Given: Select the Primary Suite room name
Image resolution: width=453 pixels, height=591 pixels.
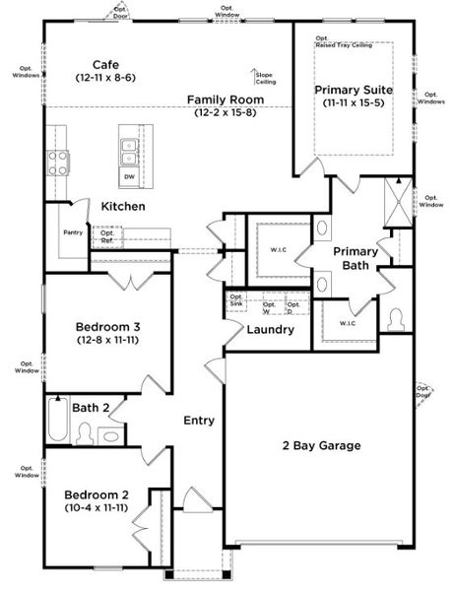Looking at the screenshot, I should (355, 90).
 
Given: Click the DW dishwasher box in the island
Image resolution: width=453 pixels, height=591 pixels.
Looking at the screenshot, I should (129, 177).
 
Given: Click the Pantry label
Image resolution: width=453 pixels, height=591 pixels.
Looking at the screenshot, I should (72, 232).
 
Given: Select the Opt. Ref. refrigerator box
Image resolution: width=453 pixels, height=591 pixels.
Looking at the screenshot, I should (107, 237).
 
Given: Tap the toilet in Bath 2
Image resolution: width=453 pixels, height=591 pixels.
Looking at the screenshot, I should (86, 433).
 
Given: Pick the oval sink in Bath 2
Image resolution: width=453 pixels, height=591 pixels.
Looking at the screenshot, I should (110, 434).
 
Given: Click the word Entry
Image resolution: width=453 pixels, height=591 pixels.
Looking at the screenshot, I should (199, 421).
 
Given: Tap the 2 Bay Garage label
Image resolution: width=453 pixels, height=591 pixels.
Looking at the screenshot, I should (317, 445).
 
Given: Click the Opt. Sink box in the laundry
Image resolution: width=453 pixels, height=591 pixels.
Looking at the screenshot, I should (236, 301).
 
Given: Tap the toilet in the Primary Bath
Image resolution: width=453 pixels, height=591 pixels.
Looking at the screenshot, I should (398, 320).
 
